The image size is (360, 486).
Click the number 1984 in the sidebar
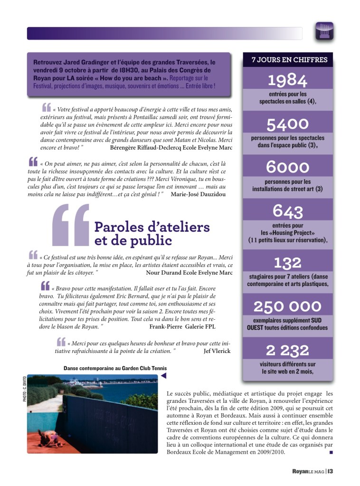[x=287, y=79]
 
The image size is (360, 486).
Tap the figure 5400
[x=287, y=124]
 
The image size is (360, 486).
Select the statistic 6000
[x=287, y=167]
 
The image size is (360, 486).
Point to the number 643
[x=287, y=210]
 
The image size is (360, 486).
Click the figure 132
[x=287, y=262]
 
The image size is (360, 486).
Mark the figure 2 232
[x=287, y=351]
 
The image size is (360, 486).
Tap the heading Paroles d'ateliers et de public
[x=152, y=233]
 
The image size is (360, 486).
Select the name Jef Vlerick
[x=217, y=351]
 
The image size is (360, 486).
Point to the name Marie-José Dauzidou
[x=198, y=194]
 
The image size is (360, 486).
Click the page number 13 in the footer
[x=330, y=471]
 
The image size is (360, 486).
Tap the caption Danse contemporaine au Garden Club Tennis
[x=115, y=368]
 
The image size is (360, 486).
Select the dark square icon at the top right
[x=324, y=31]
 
